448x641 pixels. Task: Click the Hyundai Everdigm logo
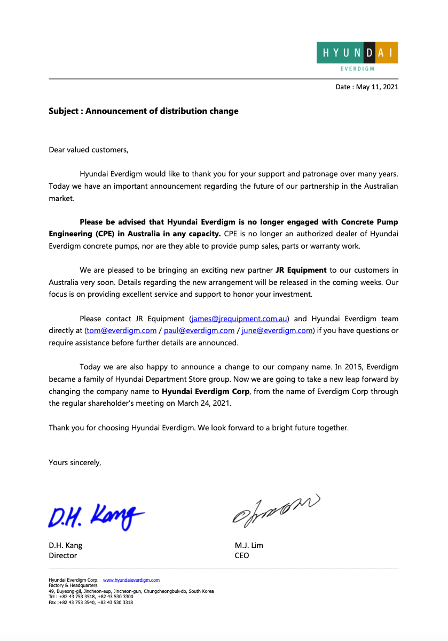click(x=357, y=56)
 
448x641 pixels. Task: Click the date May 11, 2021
click(x=377, y=87)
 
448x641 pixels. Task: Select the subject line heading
click(x=144, y=111)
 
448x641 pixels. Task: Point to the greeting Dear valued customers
click(x=89, y=150)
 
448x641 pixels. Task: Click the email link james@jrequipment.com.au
click(x=239, y=319)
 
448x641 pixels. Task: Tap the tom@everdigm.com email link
click(x=122, y=330)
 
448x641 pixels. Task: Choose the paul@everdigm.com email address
click(x=199, y=330)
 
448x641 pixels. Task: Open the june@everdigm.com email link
click(x=277, y=330)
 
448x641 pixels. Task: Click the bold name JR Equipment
click(x=301, y=270)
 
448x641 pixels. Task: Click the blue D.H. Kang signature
click(x=96, y=516)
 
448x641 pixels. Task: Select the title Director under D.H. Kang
click(x=63, y=555)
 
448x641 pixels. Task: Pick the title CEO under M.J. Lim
click(x=242, y=555)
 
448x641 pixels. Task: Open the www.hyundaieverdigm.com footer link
click(x=131, y=580)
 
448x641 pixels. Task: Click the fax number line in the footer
click(x=91, y=603)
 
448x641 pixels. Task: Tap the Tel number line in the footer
click(x=91, y=597)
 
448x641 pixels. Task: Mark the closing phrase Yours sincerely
click(x=75, y=462)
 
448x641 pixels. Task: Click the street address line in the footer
click(x=131, y=591)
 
